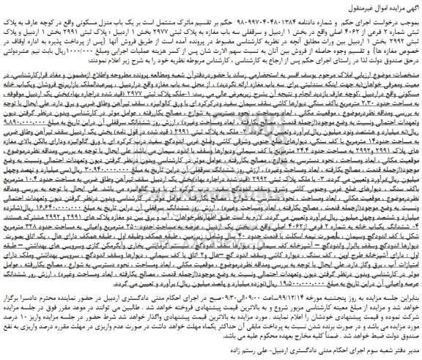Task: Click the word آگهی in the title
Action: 408,6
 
